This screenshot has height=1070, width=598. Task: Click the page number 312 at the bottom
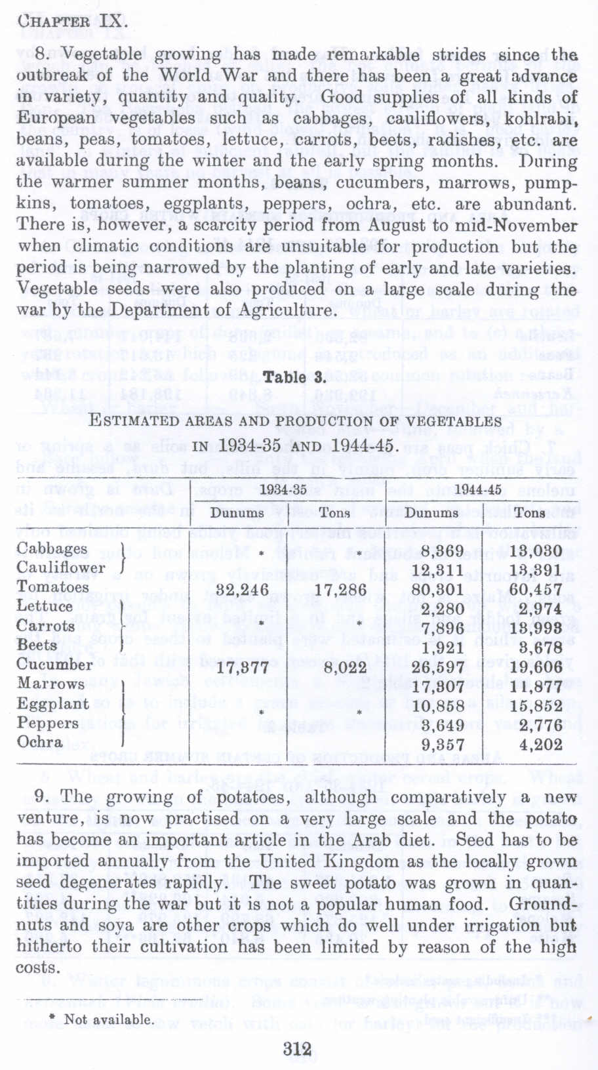pos(297,1048)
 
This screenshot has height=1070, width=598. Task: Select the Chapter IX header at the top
pos(72,20)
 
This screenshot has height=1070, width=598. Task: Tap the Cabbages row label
pos(52,548)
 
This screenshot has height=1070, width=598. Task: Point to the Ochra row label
pos(40,742)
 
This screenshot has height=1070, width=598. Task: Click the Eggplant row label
pos(53,703)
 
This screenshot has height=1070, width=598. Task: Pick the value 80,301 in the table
pos(433,590)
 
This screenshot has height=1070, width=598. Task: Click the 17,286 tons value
pos(340,590)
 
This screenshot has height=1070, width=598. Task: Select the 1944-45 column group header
pos(478,489)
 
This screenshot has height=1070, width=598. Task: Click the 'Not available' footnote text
pos(108,1019)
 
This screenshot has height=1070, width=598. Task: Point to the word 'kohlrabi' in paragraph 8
pos(541,119)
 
